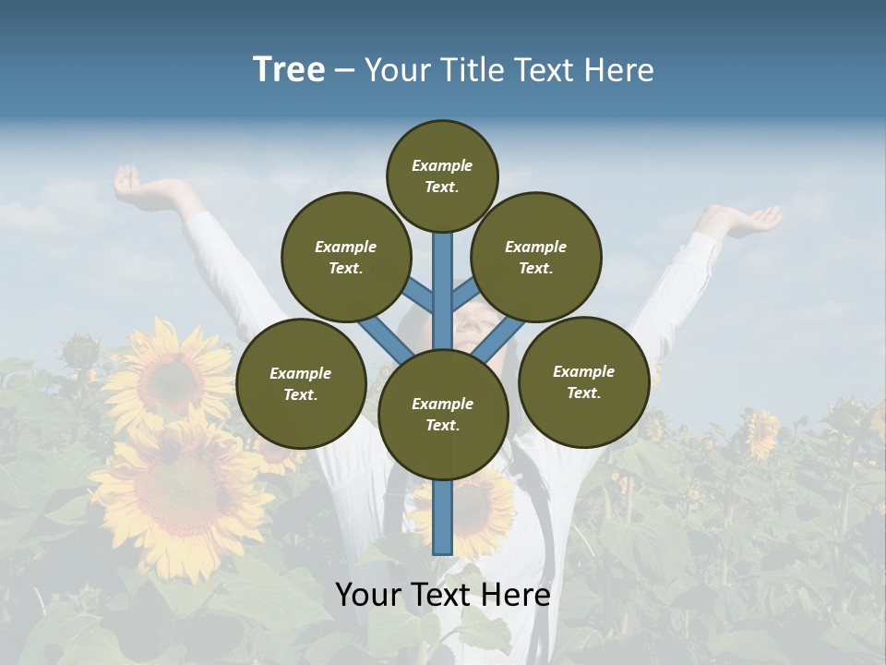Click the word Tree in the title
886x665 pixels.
click(x=289, y=70)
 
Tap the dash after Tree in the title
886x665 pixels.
click(x=344, y=70)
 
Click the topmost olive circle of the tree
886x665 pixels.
click(x=442, y=175)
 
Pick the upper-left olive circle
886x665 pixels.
click(x=346, y=257)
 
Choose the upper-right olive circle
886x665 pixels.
click(x=536, y=257)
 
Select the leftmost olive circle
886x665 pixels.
click(x=301, y=383)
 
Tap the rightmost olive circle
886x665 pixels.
click(x=583, y=381)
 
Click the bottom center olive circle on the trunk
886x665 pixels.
click(x=443, y=414)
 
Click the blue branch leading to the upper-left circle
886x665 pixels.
click(x=418, y=295)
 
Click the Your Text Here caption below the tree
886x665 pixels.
click(x=443, y=595)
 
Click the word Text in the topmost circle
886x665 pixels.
click(x=441, y=187)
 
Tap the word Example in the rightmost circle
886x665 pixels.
click(x=583, y=371)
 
